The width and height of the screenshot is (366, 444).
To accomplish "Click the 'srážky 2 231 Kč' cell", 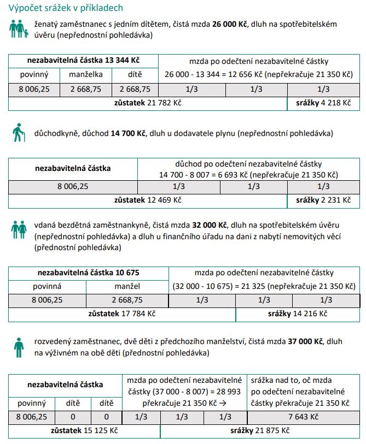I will (323, 200).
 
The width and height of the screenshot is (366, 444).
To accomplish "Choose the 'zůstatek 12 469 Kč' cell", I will (148, 200).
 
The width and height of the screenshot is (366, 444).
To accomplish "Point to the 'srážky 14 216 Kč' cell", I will (298, 314).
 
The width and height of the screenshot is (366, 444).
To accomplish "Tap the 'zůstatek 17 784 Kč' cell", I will (122, 314).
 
